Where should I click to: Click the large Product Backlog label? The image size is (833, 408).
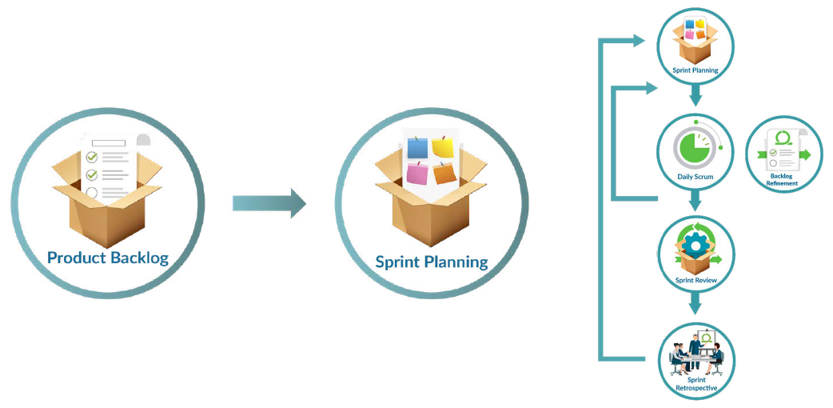click(x=108, y=258)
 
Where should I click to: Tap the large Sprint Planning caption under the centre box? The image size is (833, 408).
click(x=432, y=262)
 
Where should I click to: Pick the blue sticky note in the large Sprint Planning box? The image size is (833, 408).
click(x=417, y=147)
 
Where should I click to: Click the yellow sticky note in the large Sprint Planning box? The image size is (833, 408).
click(x=443, y=146)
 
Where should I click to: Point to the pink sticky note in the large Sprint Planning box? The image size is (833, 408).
click(x=416, y=172)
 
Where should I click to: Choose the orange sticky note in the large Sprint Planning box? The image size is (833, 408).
click(x=445, y=173)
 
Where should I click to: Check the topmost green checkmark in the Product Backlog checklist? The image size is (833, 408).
click(x=92, y=157)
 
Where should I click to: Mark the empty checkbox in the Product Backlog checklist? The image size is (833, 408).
click(x=92, y=192)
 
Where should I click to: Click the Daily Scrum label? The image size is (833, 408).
click(x=695, y=176)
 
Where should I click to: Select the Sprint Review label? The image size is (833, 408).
click(x=695, y=281)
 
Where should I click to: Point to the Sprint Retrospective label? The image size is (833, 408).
click(x=695, y=383)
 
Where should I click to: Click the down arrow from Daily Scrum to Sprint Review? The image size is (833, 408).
click(x=695, y=199)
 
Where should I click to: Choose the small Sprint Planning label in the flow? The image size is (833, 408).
click(x=695, y=70)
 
